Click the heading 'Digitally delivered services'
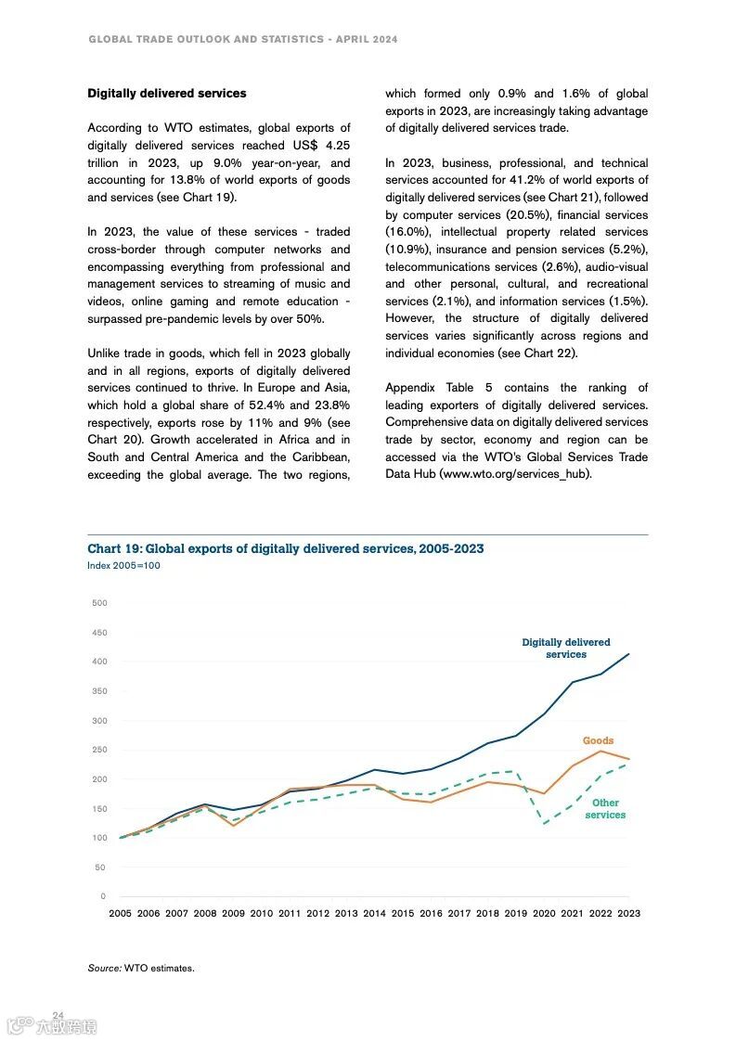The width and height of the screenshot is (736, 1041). [167, 94]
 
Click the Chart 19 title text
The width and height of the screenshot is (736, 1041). [285, 549]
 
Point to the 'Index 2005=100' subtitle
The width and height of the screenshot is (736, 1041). [123, 566]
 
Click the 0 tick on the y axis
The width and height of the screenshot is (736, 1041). [103, 896]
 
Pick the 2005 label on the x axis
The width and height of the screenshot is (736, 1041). [120, 914]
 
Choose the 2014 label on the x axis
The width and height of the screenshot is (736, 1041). [374, 914]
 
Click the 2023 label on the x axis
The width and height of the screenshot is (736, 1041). [628, 914]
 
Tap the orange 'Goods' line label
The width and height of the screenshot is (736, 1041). [598, 741]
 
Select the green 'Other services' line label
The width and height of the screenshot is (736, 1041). [605, 809]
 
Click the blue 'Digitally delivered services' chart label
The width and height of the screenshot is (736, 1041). [566, 649]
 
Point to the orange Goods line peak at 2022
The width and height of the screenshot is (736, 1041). [600, 751]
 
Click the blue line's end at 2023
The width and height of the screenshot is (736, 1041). [629, 654]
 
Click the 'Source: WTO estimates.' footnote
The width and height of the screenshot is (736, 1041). [141, 969]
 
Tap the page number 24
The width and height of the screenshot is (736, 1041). [58, 1016]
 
